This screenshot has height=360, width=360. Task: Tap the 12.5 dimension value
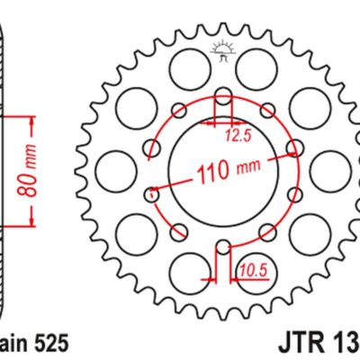[236, 137]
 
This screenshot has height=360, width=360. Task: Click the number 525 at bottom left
[44, 344]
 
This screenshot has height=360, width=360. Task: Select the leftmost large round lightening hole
[114, 168]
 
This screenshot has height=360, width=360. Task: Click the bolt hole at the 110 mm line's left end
[152, 191]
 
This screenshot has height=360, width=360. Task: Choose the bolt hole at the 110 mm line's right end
[290, 148]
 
